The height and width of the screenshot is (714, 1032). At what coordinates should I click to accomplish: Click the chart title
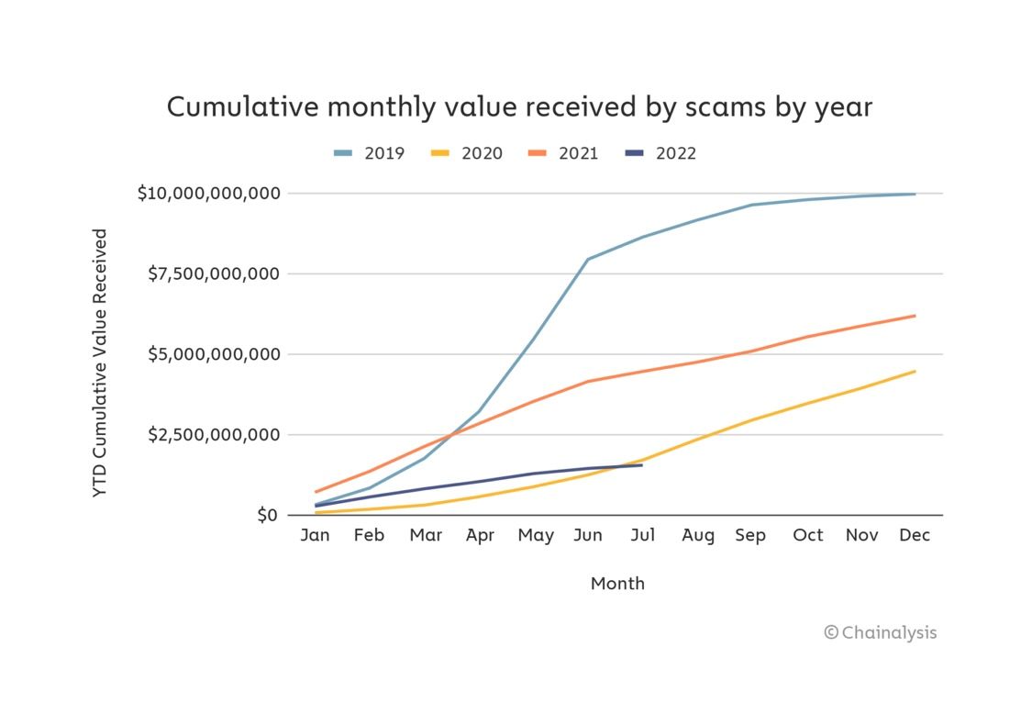(519, 107)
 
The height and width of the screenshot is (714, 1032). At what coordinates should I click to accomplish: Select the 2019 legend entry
(369, 153)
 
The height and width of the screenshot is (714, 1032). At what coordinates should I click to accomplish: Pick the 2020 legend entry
(467, 153)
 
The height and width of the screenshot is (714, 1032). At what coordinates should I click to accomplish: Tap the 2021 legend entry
(563, 153)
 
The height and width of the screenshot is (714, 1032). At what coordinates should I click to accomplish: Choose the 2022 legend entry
(660, 153)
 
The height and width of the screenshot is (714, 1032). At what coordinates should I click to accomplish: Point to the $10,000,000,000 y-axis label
(207, 194)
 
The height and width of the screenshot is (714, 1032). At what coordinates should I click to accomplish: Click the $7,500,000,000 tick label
(213, 273)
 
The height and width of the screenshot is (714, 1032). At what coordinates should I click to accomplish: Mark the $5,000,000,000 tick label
(213, 354)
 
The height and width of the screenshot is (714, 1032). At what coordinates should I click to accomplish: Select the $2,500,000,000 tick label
(213, 434)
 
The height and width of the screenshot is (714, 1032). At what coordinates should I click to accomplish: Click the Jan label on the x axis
(315, 535)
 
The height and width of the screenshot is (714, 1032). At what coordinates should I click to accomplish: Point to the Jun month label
(588, 535)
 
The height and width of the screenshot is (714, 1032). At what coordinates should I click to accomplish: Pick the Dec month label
(915, 535)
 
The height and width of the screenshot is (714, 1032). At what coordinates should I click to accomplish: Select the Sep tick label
(750, 535)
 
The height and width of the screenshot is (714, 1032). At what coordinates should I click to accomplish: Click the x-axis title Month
(617, 584)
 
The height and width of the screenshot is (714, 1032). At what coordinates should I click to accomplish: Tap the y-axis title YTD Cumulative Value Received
(101, 363)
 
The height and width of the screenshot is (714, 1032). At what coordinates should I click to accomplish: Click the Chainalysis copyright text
(881, 632)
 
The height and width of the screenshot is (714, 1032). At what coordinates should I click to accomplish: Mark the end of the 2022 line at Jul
(642, 464)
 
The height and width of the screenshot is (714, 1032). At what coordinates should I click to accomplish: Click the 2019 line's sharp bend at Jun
(588, 259)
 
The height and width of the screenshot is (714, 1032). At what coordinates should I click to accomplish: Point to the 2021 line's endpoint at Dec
(915, 316)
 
